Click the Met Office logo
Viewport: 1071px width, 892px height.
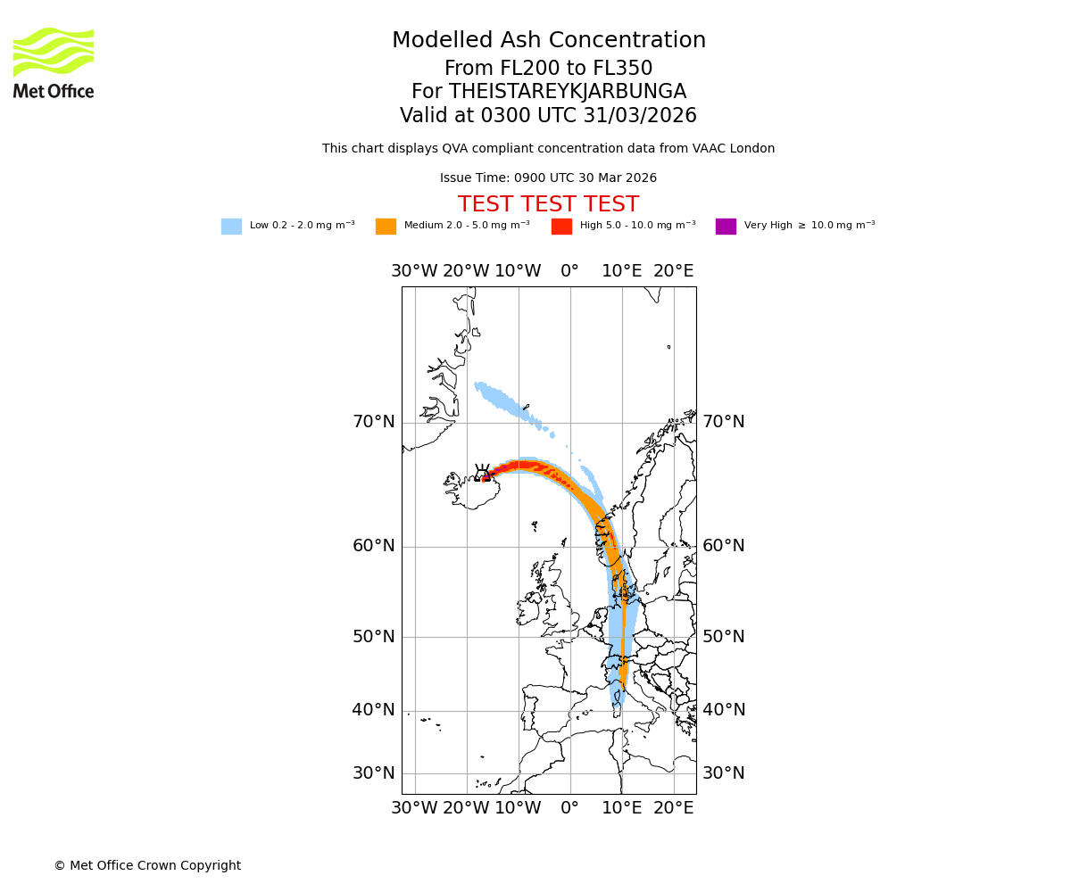click(54, 62)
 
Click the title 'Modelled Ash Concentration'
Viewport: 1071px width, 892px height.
click(548, 41)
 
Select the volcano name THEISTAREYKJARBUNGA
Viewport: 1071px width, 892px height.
click(567, 92)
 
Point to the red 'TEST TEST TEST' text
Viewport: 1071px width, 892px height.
click(548, 205)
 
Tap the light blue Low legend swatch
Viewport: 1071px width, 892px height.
click(231, 227)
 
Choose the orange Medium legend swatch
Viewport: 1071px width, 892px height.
click(386, 227)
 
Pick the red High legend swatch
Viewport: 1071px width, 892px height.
click(561, 227)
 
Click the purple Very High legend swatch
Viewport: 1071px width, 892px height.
click(726, 227)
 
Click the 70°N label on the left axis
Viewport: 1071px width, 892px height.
click(373, 422)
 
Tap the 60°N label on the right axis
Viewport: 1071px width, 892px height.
click(723, 546)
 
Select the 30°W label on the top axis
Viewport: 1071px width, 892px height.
click(414, 271)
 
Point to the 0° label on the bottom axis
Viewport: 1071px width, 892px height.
click(569, 808)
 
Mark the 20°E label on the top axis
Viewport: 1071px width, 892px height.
click(673, 271)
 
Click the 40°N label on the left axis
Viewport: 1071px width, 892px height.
click(373, 710)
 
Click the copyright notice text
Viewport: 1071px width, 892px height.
click(147, 866)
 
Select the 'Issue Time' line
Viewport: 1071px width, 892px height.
click(548, 178)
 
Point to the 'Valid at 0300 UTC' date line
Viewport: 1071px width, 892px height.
click(548, 116)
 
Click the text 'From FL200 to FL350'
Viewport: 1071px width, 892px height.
click(548, 69)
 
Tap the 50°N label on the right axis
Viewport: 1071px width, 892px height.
click(723, 637)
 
